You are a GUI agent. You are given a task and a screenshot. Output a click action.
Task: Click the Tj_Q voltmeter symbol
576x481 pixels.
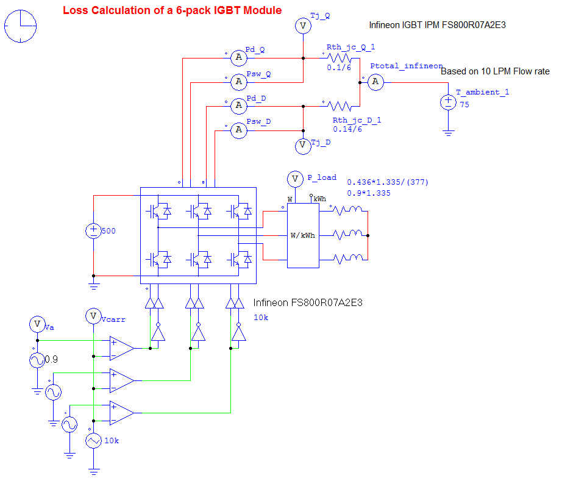pos(303,26)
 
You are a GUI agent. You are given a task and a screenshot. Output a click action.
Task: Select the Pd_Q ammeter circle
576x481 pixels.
pos(239,57)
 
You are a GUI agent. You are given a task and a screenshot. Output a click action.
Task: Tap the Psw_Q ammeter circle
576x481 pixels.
pos(239,81)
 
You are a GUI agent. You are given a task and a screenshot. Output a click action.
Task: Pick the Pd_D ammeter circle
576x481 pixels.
pos(239,105)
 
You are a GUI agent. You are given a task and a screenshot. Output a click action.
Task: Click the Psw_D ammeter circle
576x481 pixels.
pos(239,129)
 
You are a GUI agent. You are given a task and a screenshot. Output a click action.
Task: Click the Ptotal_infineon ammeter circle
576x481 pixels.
pos(375,82)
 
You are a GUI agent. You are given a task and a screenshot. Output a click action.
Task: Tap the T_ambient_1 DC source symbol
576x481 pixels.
pos(448,102)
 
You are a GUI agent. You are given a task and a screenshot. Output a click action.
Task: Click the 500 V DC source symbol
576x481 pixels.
pos(93,231)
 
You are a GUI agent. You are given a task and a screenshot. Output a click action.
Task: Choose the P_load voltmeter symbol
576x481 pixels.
pos(295,179)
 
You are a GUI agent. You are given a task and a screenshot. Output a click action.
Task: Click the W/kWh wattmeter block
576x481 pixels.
pos(303,235)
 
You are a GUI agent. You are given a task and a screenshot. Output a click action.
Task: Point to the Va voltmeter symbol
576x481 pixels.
pos(37,324)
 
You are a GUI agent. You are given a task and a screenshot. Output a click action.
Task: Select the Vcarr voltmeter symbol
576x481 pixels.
pos(93,315)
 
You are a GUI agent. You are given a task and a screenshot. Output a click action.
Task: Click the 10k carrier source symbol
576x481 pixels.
pos(93,441)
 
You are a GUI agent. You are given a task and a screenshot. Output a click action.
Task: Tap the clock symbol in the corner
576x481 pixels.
pos(21,27)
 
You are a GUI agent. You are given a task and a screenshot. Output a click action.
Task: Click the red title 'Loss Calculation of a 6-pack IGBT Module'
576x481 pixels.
pos(172,10)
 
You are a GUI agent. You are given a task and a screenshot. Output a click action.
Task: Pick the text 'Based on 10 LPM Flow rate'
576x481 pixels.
pos(495,71)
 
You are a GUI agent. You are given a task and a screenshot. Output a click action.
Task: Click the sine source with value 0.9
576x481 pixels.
pos(37,360)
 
